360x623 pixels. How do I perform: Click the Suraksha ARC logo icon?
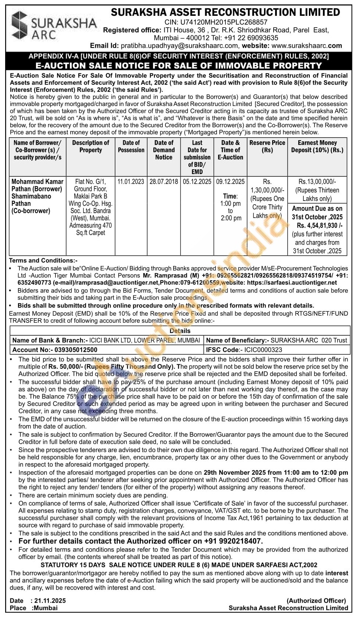point(19,25)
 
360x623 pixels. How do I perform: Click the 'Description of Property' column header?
point(90,146)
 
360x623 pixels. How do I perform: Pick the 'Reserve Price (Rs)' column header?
point(267,146)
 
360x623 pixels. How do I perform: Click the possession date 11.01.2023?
point(131,181)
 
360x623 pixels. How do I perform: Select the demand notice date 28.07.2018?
point(164,181)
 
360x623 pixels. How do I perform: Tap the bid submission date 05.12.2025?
point(197,181)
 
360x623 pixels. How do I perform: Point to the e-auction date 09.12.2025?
point(231,181)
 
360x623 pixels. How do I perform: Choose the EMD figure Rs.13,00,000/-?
point(317,181)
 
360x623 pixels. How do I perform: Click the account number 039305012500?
point(76,350)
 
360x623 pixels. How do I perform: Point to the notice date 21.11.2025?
point(49,601)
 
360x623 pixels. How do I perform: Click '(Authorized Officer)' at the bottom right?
point(316,601)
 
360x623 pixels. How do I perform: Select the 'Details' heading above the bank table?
point(180,331)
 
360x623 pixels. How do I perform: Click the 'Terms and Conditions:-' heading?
point(43,260)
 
